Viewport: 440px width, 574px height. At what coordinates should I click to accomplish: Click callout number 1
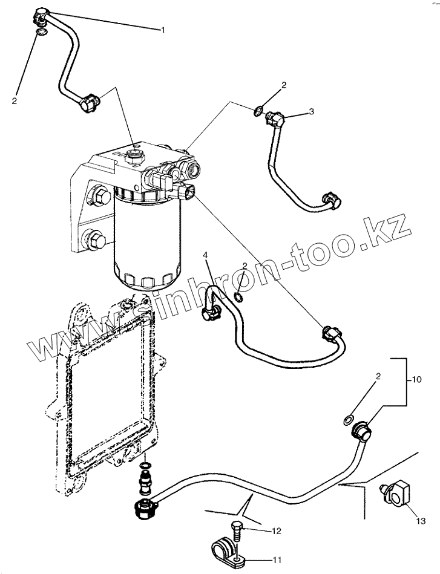click(162, 29)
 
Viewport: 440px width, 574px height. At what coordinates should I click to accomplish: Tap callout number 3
click(312, 111)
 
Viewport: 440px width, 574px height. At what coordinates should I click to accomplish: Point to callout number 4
click(206, 255)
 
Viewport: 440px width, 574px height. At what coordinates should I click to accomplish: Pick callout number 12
click(277, 532)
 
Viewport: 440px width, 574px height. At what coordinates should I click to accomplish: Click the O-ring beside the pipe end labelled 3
click(258, 111)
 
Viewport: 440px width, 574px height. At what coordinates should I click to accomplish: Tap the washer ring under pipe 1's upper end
click(41, 32)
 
